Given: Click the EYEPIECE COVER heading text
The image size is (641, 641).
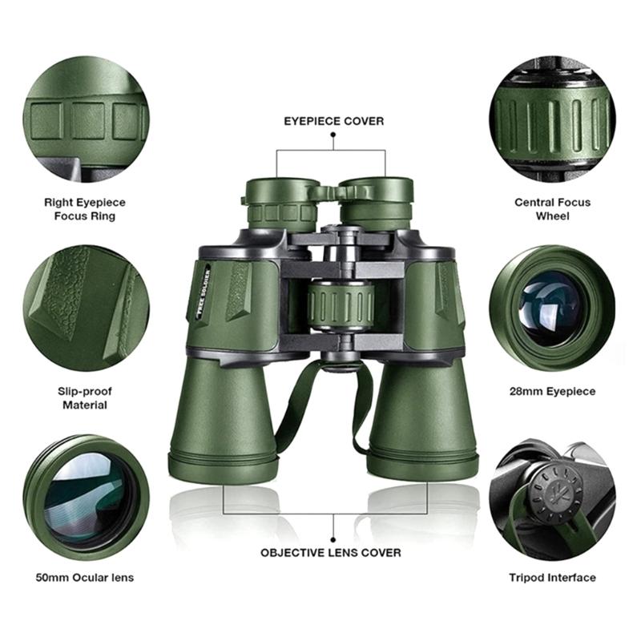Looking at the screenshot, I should pyautogui.click(x=334, y=121).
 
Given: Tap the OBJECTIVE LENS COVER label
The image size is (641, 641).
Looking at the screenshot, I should pyautogui.click(x=331, y=553).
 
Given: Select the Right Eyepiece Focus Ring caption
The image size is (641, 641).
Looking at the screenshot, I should pyautogui.click(x=85, y=209).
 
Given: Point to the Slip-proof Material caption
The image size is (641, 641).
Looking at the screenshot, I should pyautogui.click(x=85, y=398).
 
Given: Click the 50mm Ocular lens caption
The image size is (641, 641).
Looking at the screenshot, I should pyautogui.click(x=85, y=578).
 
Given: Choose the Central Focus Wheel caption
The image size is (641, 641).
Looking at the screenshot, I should pyautogui.click(x=552, y=209).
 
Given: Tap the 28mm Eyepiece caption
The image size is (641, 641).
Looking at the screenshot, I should pyautogui.click(x=552, y=391).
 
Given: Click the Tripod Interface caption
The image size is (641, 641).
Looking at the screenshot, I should pyautogui.click(x=552, y=578).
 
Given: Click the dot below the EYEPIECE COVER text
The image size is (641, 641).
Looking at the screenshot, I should pyautogui.click(x=333, y=137).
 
